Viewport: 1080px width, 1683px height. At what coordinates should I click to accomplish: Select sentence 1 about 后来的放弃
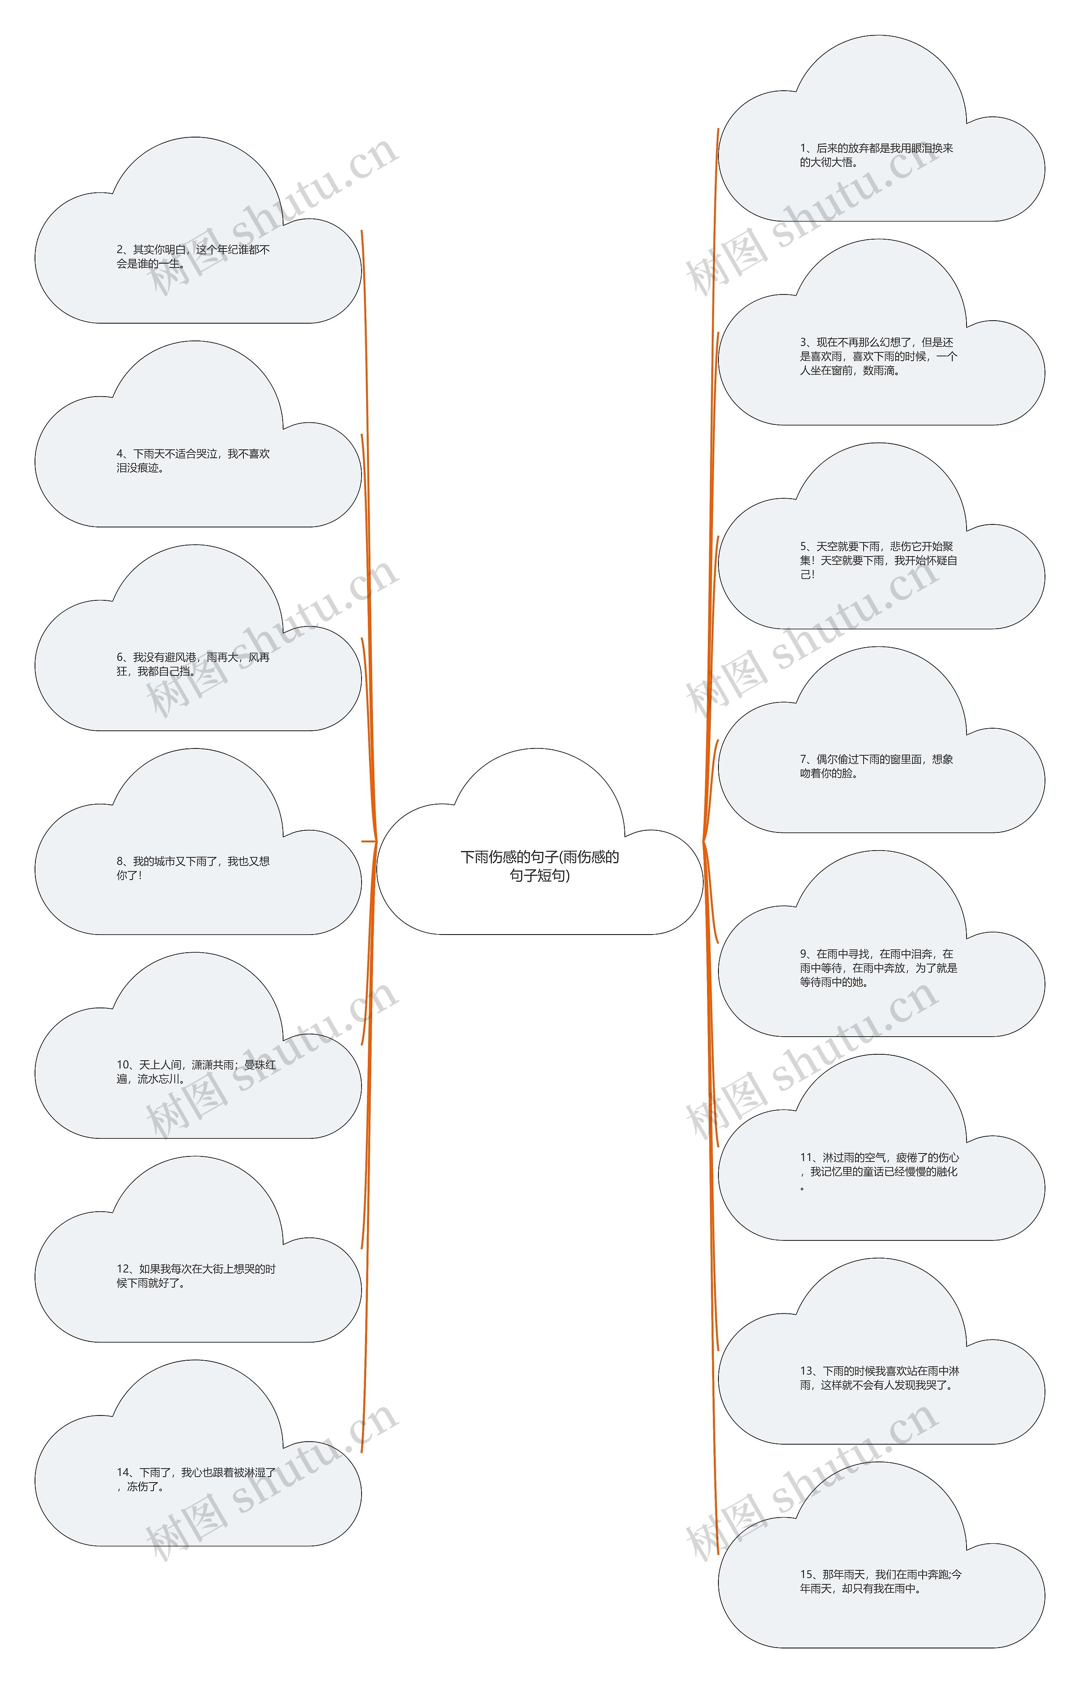tap(877, 155)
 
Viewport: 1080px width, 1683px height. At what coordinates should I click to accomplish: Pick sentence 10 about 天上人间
tap(196, 1072)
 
